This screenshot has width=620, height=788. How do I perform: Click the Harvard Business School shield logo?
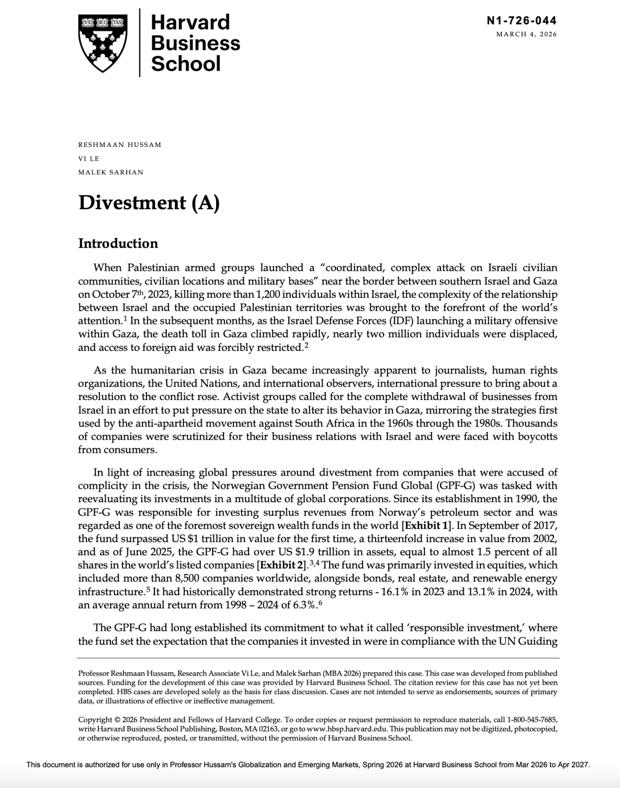(x=103, y=43)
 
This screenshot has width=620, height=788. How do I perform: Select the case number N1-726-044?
(x=521, y=20)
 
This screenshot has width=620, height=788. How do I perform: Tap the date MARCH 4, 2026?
(x=526, y=34)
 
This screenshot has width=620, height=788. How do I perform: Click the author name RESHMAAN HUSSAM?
(x=120, y=145)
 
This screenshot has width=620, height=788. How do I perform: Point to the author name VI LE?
(x=89, y=158)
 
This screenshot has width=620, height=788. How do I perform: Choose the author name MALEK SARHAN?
(x=111, y=172)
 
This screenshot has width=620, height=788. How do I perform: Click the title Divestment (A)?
(x=149, y=203)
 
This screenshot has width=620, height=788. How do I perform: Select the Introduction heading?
(x=118, y=243)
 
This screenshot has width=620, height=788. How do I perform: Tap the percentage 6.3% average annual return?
(x=305, y=605)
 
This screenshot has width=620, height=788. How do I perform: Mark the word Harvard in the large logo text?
(x=190, y=22)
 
